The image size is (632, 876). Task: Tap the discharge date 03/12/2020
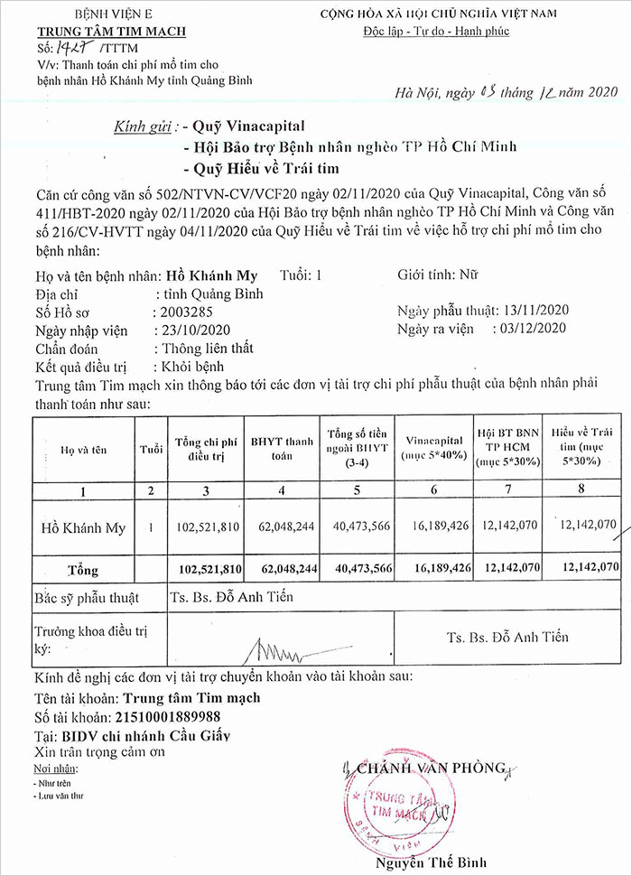pyautogui.click(x=532, y=328)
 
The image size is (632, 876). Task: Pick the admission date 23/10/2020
pyautogui.click(x=194, y=328)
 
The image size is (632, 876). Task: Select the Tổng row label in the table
pyautogui.click(x=82, y=570)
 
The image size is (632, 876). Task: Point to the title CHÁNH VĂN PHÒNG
pyautogui.click(x=431, y=769)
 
